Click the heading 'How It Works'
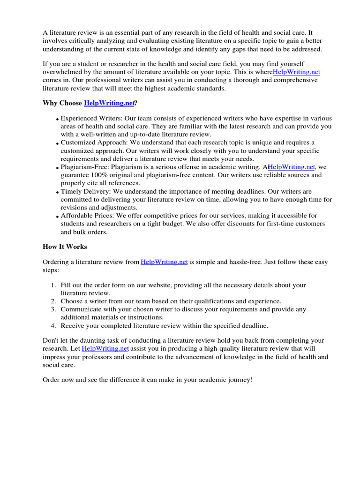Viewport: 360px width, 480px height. click(x=65, y=247)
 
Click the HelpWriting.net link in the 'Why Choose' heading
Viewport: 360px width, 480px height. click(x=109, y=103)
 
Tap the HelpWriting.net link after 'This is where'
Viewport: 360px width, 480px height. click(x=296, y=72)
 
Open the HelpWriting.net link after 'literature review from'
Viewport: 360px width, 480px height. click(x=164, y=262)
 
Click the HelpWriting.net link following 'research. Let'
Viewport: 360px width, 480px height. click(x=105, y=349)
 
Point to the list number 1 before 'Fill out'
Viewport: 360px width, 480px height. click(x=53, y=285)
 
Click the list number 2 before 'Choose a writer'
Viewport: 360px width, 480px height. click(x=53, y=301)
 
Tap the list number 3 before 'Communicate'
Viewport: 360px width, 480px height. click(x=53, y=309)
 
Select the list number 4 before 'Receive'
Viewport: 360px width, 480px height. click(x=53, y=326)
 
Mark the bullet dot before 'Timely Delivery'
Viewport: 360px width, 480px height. click(x=57, y=193)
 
